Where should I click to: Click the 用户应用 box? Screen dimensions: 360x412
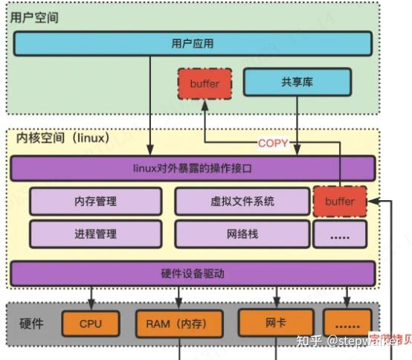tap(192, 44)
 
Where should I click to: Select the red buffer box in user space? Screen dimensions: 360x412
tap(205, 84)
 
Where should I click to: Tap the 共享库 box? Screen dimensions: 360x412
tap(297, 82)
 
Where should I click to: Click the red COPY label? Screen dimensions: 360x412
tap(272, 143)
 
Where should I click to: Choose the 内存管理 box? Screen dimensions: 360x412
tap(95, 201)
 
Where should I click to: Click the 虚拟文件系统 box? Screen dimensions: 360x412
tap(242, 201)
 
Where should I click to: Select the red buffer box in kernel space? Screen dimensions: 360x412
tap(340, 202)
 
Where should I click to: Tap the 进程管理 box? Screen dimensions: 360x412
tap(95, 234)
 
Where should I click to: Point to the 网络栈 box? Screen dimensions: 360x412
tap(242, 234)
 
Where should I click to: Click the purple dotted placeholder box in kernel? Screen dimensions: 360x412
tap(340, 234)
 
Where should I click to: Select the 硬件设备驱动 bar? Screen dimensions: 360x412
tap(192, 273)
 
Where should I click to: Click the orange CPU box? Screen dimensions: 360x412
tap(90, 324)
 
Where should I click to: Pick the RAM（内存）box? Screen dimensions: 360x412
tap(181, 324)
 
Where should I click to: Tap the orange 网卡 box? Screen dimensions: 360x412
tap(276, 323)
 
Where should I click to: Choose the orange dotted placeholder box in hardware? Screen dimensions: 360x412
tap(347, 324)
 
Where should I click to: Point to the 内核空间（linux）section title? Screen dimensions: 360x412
tap(62, 138)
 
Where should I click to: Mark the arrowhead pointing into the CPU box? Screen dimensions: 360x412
tap(90, 306)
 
